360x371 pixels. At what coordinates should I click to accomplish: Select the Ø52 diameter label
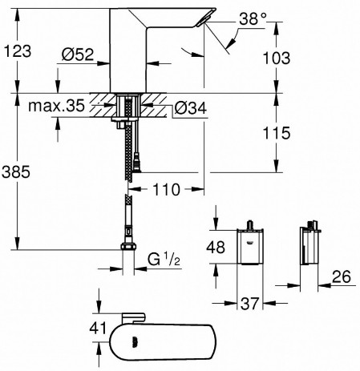75,54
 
